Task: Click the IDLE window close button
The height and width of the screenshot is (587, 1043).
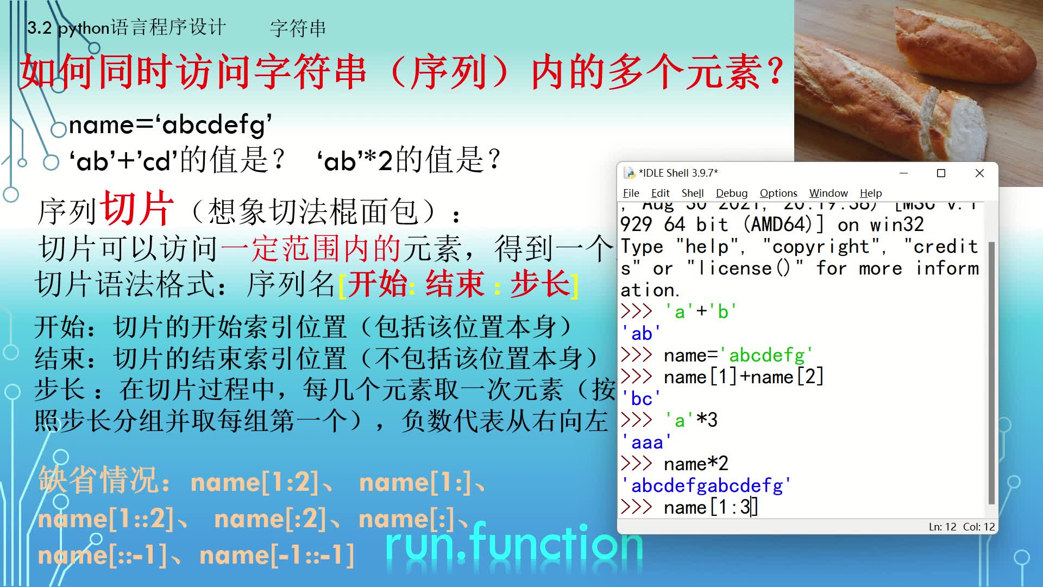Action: click(979, 173)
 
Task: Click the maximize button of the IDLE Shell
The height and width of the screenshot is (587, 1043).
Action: click(941, 173)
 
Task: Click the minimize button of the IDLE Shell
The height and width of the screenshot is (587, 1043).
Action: click(903, 173)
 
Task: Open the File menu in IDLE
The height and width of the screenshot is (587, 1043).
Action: click(631, 193)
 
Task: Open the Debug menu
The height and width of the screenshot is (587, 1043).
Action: click(731, 193)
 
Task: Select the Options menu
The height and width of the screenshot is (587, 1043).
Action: click(778, 193)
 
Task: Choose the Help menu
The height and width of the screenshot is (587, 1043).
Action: click(870, 193)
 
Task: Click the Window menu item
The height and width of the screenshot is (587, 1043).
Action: click(828, 193)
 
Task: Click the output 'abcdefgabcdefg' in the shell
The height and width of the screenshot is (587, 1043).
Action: click(706, 485)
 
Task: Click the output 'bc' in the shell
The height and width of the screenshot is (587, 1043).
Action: click(641, 398)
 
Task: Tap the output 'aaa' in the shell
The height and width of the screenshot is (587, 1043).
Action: click(646, 442)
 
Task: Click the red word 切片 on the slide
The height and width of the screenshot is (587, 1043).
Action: click(138, 209)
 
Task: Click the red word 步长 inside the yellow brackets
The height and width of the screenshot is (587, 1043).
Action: click(540, 284)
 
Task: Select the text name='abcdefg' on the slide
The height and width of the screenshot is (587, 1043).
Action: click(170, 125)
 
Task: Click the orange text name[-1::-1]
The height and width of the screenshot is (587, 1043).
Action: click(277, 555)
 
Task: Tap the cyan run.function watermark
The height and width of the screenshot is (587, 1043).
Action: click(514, 544)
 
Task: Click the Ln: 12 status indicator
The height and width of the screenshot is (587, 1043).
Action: click(942, 527)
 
